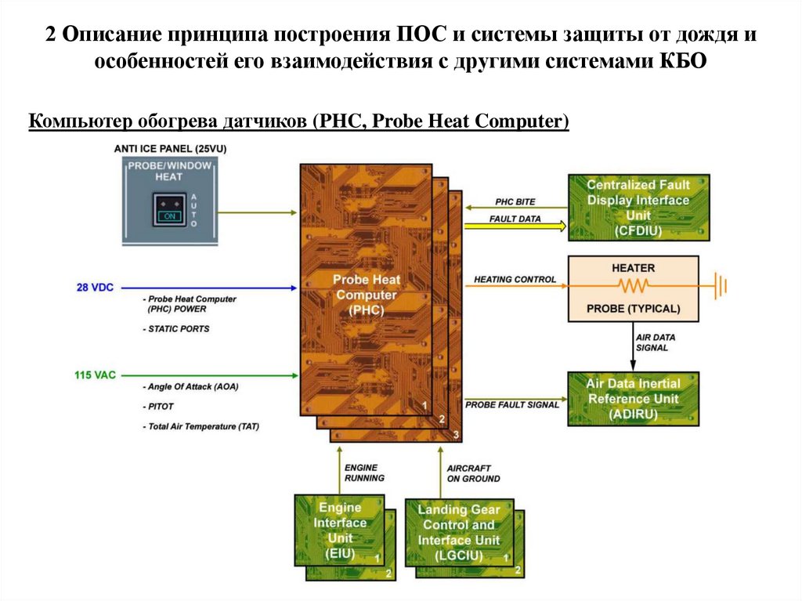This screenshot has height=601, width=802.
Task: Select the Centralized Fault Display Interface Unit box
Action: tap(638, 208)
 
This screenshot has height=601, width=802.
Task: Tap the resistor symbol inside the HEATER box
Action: tap(633, 286)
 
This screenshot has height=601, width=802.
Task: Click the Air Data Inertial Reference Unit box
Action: tap(634, 399)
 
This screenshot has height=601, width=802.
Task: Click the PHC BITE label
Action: tap(515, 202)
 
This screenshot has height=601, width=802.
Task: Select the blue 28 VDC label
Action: tap(95, 288)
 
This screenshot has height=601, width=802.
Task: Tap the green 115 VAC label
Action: tap(95, 375)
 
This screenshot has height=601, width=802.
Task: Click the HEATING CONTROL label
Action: tap(515, 279)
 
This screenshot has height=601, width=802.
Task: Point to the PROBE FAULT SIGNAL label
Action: tap(512, 404)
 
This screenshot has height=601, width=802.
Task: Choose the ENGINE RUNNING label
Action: tap(364, 472)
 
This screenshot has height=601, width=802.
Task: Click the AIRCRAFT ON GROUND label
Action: tap(473, 473)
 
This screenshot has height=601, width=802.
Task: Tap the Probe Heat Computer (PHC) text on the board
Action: tap(366, 295)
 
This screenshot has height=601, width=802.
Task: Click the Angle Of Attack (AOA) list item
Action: tap(190, 387)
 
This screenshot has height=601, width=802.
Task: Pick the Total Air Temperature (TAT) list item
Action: tap(200, 426)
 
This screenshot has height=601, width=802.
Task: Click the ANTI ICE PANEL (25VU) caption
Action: tap(170, 148)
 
